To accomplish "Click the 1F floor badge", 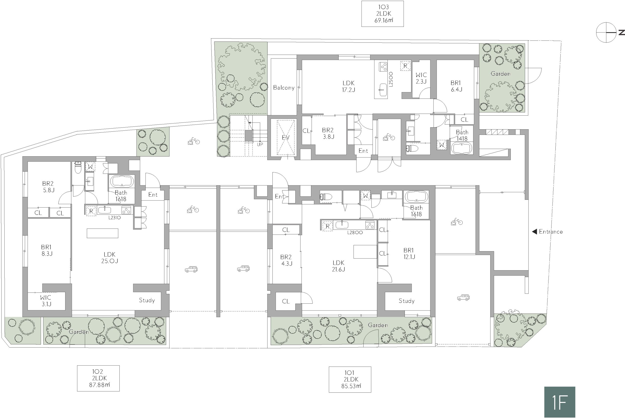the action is (x=560, y=402).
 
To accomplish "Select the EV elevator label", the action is (x=286, y=138).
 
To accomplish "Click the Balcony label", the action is (x=284, y=87).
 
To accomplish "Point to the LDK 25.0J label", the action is (x=110, y=258).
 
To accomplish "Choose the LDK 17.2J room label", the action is (x=348, y=86).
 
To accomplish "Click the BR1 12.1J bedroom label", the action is (x=409, y=254).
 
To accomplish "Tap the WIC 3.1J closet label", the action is (x=46, y=301).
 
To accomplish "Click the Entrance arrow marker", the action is (x=535, y=232).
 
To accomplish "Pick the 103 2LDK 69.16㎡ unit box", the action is (x=382, y=14).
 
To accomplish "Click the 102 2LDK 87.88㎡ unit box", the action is (x=98, y=378).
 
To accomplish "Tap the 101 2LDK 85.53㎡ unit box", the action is (x=350, y=379).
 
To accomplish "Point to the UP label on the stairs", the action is (x=260, y=145).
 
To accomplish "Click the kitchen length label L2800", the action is (x=355, y=232).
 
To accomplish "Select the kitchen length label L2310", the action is (x=115, y=218).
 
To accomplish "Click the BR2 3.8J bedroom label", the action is (x=328, y=133).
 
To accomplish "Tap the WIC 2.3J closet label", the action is (x=421, y=78).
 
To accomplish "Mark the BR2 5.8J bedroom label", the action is (x=48, y=187).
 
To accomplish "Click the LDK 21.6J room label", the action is (x=339, y=266).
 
